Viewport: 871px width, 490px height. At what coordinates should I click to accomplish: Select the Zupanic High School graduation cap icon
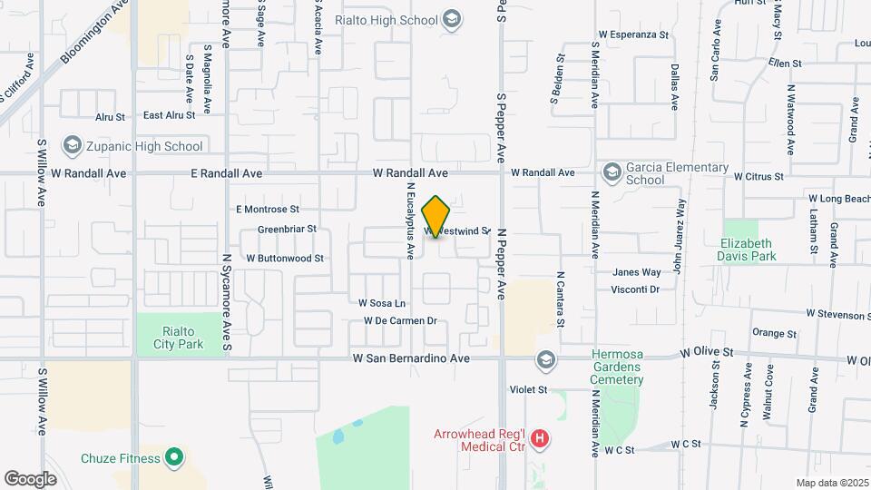[71, 145]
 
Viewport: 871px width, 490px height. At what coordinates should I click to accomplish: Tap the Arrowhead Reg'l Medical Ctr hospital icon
[541, 440]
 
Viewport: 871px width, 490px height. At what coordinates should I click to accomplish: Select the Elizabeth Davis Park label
[748, 250]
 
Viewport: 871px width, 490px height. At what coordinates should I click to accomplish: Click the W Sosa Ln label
[382, 303]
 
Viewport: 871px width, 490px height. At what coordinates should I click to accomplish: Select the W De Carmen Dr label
[401, 320]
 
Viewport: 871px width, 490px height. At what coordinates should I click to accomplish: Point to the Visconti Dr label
[635, 289]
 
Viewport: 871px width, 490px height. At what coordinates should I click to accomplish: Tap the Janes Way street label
[637, 272]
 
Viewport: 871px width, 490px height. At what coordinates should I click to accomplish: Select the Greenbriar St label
[287, 230]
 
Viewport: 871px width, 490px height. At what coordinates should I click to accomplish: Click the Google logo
[31, 478]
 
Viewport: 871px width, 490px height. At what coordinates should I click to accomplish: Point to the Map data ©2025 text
[831, 483]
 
